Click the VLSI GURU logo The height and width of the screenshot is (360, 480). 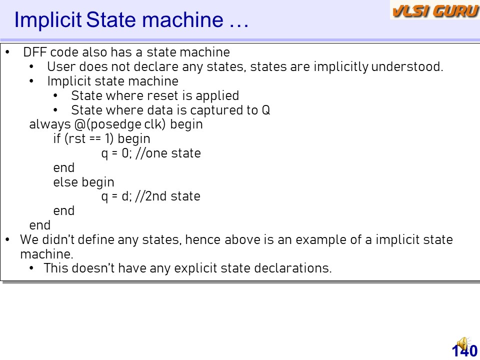click(435, 10)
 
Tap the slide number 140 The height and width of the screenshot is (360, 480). click(464, 351)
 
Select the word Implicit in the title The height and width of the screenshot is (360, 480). click(48, 20)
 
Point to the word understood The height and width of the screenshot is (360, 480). click(407, 66)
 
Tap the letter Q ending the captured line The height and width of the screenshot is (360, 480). click(265, 110)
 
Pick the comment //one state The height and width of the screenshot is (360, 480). click(168, 153)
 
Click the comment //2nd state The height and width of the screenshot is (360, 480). click(167, 196)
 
